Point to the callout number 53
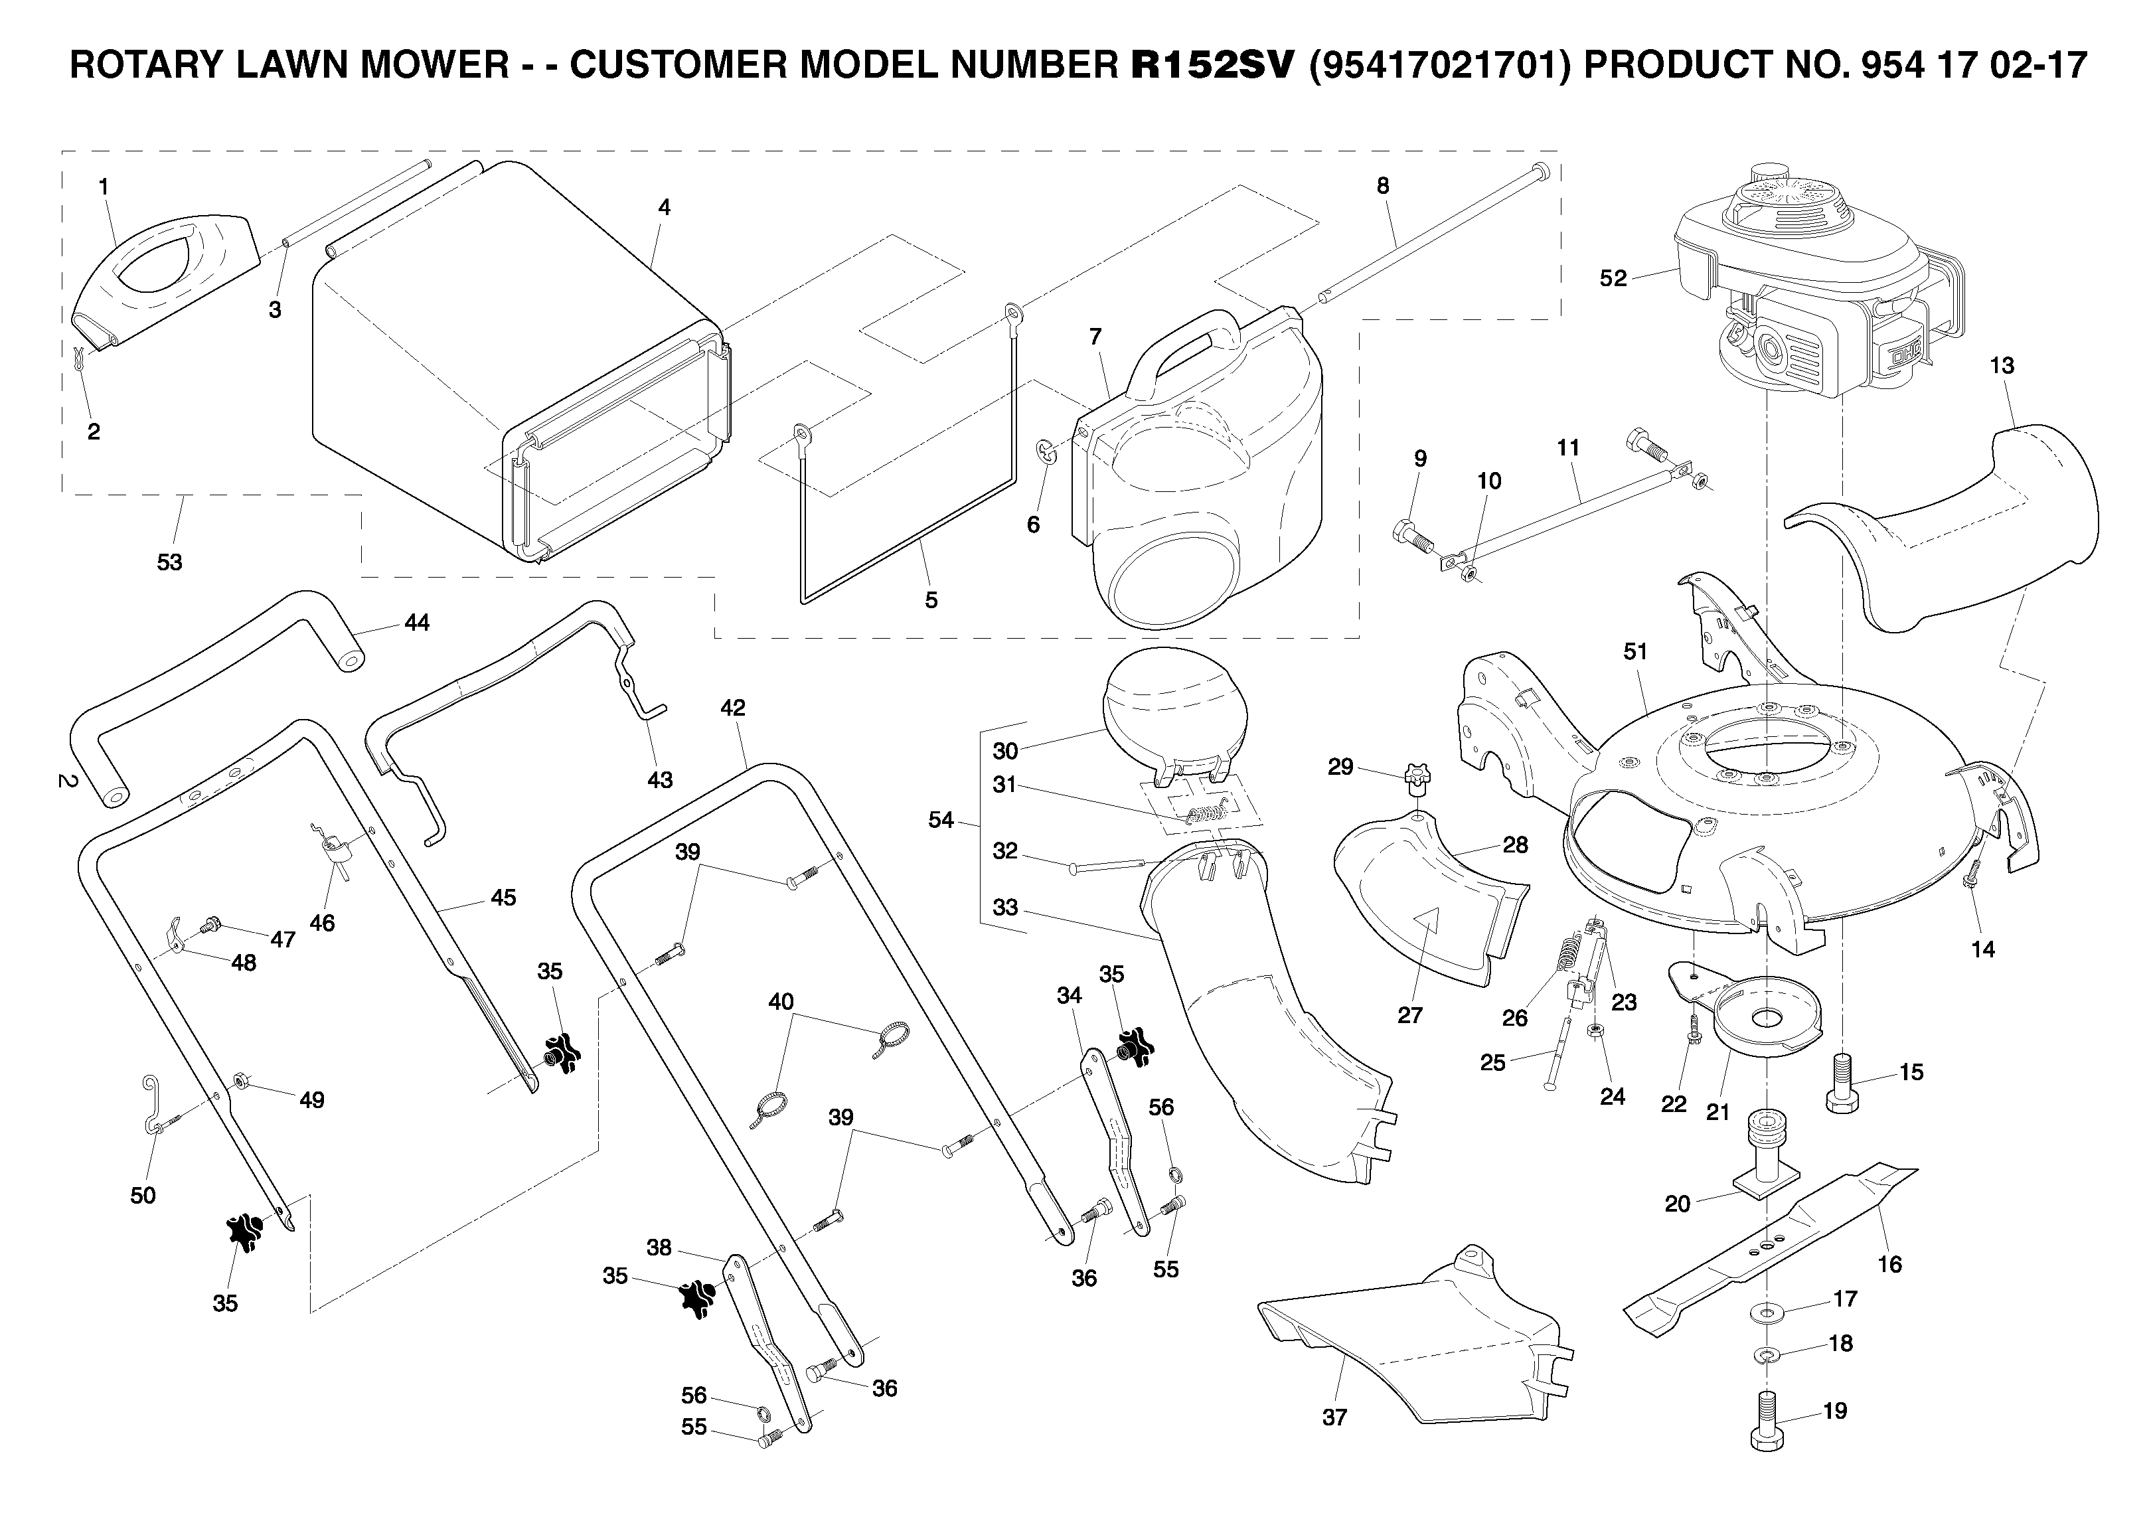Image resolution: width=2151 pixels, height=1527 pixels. (169, 562)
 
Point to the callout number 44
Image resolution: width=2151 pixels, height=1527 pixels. (416, 623)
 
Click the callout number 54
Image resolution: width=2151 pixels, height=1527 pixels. (941, 820)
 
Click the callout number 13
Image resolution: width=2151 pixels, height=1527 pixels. (2002, 366)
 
